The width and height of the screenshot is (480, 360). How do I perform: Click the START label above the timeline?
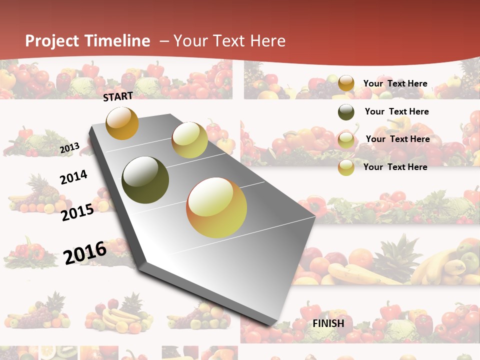coord(118,96)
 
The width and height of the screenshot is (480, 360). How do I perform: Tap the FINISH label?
coord(328,323)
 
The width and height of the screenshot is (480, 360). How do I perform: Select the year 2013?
coord(69,148)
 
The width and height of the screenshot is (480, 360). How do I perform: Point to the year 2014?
coord(73,177)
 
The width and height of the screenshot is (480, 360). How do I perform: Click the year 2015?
coord(77,212)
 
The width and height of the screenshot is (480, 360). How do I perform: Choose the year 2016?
coord(85,252)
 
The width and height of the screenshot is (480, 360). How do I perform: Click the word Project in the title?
coord(52,41)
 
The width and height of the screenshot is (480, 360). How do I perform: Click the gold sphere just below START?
coord(122,123)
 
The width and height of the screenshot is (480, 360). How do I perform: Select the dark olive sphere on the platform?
coord(145,180)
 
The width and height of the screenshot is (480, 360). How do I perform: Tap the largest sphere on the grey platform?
coord(216,207)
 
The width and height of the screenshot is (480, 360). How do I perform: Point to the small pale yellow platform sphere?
coord(189,140)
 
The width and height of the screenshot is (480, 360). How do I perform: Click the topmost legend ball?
coord(346,83)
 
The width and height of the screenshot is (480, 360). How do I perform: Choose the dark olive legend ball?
coord(346,112)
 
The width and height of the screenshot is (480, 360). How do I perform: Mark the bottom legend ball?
coord(346,167)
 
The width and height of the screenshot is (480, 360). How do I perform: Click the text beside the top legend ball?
coord(395,83)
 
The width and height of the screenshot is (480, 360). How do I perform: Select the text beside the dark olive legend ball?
coord(396,111)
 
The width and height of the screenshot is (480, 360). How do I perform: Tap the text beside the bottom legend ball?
coord(395,167)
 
